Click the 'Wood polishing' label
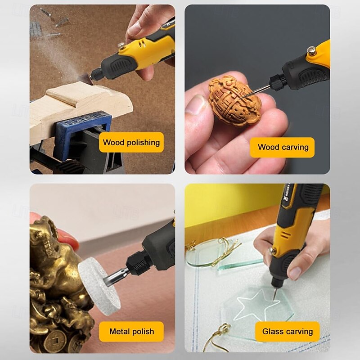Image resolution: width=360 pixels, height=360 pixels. pyautogui.click(x=131, y=142)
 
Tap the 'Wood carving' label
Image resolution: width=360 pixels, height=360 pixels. pyautogui.click(x=282, y=147)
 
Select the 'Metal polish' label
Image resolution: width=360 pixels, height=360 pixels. pyautogui.click(x=131, y=331)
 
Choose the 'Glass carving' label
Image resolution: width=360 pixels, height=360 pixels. pyautogui.click(x=288, y=331)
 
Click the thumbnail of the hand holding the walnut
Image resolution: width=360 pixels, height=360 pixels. pyautogui.click(x=196, y=104)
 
